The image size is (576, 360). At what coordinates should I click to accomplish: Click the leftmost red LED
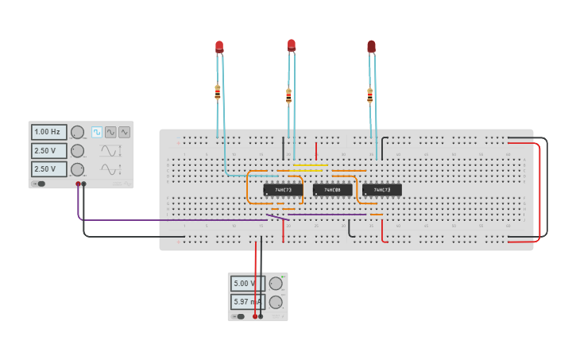click(219, 47)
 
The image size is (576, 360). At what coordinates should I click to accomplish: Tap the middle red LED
click(292, 45)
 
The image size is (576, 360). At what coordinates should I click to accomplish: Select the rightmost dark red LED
click(371, 47)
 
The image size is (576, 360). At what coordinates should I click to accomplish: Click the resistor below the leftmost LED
click(217, 92)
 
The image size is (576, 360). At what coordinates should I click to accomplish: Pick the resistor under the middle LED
click(288, 96)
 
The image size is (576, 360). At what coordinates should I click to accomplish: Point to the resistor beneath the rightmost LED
click(369, 95)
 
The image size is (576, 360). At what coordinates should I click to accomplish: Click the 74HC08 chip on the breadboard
click(332, 190)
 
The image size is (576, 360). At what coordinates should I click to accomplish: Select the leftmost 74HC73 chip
click(282, 190)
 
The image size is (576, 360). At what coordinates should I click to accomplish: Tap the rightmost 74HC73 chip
click(382, 190)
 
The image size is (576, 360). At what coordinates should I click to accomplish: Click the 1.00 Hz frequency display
click(48, 132)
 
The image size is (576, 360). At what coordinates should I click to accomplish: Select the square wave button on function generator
click(97, 132)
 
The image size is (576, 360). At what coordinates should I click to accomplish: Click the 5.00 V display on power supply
click(247, 283)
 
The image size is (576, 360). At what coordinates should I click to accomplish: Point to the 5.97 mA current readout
click(247, 302)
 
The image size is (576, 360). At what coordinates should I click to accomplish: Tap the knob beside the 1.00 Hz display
click(77, 132)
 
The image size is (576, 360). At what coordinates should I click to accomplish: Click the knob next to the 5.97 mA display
click(276, 302)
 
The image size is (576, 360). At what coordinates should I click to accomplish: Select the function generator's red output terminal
click(78, 184)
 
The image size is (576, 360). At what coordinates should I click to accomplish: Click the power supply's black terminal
click(261, 316)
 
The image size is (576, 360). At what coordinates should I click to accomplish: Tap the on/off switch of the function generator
click(38, 184)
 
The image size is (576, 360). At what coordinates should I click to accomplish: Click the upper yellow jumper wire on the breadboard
click(310, 166)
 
